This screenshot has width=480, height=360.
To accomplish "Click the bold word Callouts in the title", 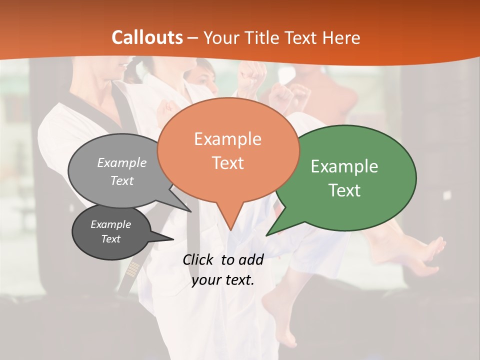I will click(147, 37).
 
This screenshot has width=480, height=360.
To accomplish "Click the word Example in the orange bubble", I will click(227, 139).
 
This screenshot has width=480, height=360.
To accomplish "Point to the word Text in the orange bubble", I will click(227, 163).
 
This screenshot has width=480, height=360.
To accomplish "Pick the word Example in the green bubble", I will click(344, 166).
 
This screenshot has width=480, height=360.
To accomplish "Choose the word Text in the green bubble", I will click(344, 190).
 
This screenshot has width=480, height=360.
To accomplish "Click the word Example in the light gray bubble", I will click(121, 163).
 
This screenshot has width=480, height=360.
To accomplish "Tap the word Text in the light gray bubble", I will click(121, 181).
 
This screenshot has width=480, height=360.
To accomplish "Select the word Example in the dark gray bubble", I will click(110, 224).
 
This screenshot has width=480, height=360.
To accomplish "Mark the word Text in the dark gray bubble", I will click(110, 239).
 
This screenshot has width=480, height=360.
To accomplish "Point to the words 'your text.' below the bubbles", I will click(223, 280).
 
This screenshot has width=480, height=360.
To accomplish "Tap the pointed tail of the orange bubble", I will click(230, 225).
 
